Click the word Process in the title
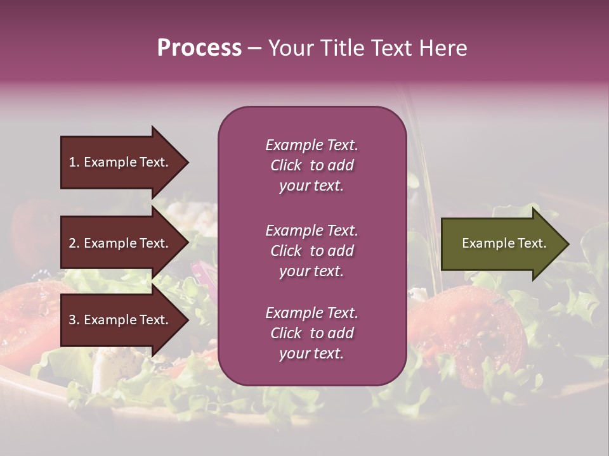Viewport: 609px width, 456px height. coord(199,48)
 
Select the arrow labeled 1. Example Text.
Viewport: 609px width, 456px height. coord(121,162)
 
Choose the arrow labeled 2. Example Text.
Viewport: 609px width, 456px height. coord(121,243)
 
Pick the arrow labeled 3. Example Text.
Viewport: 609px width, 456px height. coord(121,320)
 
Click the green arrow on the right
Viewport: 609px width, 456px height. coord(501,244)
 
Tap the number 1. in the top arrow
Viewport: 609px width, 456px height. coord(74,162)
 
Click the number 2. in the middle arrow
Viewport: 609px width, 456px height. coord(74,243)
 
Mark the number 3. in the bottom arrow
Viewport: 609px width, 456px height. coord(74,320)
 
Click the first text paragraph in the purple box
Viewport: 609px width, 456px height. coord(311,165)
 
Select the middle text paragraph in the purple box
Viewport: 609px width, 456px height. coord(311,251)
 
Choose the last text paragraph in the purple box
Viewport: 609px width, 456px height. coord(311,333)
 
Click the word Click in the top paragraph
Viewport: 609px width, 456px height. coord(286,165)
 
